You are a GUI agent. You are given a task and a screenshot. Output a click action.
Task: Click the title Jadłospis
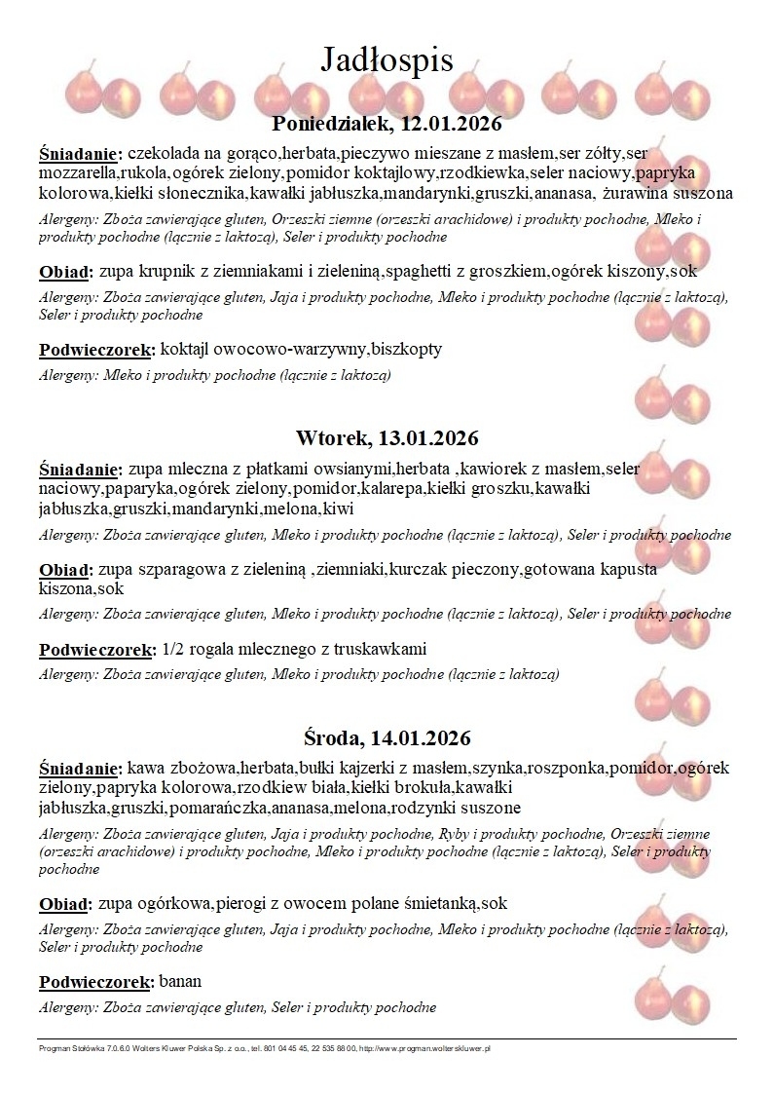coord(386,59)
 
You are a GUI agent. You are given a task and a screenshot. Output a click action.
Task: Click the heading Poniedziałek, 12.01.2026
coord(386,125)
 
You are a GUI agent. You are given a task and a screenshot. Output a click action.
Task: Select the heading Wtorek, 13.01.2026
coord(386,437)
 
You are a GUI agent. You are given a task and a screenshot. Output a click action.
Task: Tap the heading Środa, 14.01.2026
coord(386,737)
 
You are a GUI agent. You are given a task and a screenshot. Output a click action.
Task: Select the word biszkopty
coord(401,348)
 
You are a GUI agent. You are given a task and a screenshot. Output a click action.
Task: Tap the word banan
coord(180,981)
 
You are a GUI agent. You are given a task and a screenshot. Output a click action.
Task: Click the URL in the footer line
coord(429,1048)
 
